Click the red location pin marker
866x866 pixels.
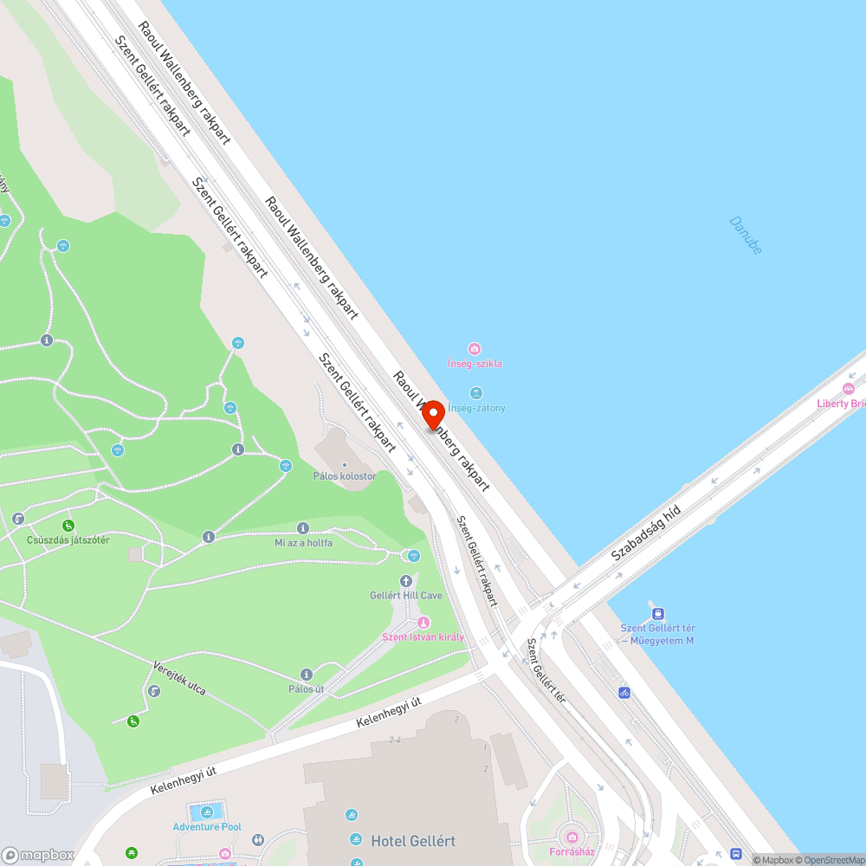tap(432, 414)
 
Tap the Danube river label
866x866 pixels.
tap(746, 235)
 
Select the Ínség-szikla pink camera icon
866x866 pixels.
tap(474, 348)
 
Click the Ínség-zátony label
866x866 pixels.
tap(476, 408)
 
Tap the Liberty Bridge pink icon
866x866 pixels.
tap(848, 389)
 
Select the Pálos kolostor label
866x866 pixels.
tap(345, 476)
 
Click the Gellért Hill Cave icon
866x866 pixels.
tap(406, 581)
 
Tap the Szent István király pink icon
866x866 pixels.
tap(423, 623)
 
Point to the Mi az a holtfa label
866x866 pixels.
tap(303, 543)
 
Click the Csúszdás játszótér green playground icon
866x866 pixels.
tap(68, 525)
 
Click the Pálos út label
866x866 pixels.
tap(306, 689)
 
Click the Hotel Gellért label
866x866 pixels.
tap(413, 841)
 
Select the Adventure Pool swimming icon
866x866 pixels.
tap(206, 812)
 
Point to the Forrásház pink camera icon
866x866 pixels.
tap(572, 837)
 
